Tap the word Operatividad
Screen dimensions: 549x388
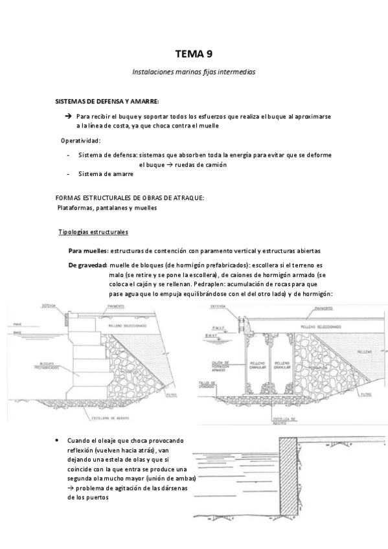point(80,140)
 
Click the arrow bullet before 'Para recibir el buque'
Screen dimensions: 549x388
point(68,115)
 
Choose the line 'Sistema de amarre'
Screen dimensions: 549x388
point(106,174)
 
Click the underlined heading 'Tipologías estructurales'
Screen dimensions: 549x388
point(93,231)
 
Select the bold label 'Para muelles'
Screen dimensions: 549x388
point(89,251)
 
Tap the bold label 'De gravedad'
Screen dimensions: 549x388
point(87,265)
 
